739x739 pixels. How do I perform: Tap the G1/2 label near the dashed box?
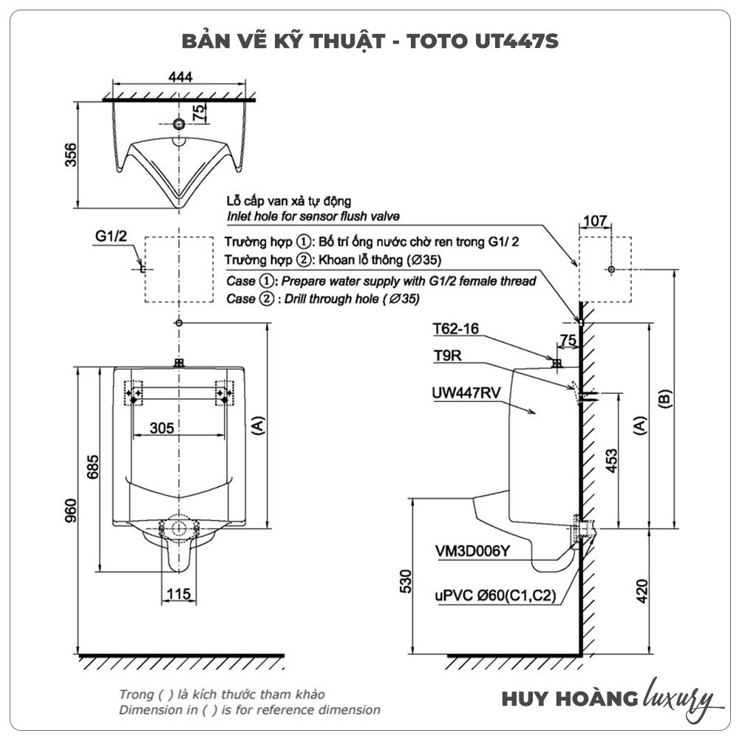click(x=112, y=236)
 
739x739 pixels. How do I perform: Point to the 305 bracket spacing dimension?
click(x=160, y=428)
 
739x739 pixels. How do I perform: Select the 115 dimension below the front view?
click(x=178, y=593)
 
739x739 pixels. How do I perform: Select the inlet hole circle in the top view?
click(x=178, y=123)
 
